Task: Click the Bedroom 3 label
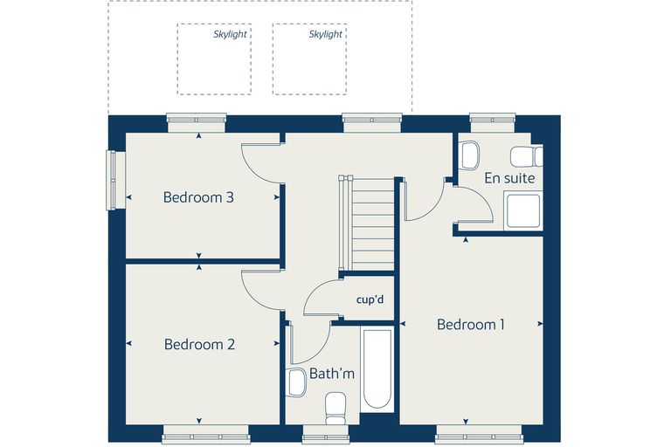pyautogui.click(x=198, y=197)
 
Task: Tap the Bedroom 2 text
pyautogui.click(x=199, y=344)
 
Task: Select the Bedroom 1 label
pyautogui.click(x=470, y=325)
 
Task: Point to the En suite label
pyautogui.click(x=509, y=178)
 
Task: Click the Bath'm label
pyautogui.click(x=332, y=374)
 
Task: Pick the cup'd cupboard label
pyautogui.click(x=370, y=299)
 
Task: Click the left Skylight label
pyautogui.click(x=230, y=35)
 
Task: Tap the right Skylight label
pyautogui.click(x=325, y=35)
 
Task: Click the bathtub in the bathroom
pyautogui.click(x=377, y=368)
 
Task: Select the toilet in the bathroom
pyautogui.click(x=335, y=408)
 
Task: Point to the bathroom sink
pyautogui.click(x=296, y=382)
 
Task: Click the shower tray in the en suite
pyautogui.click(x=523, y=210)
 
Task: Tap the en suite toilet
pyautogui.click(x=527, y=156)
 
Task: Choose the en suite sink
pyautogui.click(x=470, y=155)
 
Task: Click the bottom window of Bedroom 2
pyautogui.click(x=205, y=435)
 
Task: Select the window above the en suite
pyautogui.click(x=493, y=122)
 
